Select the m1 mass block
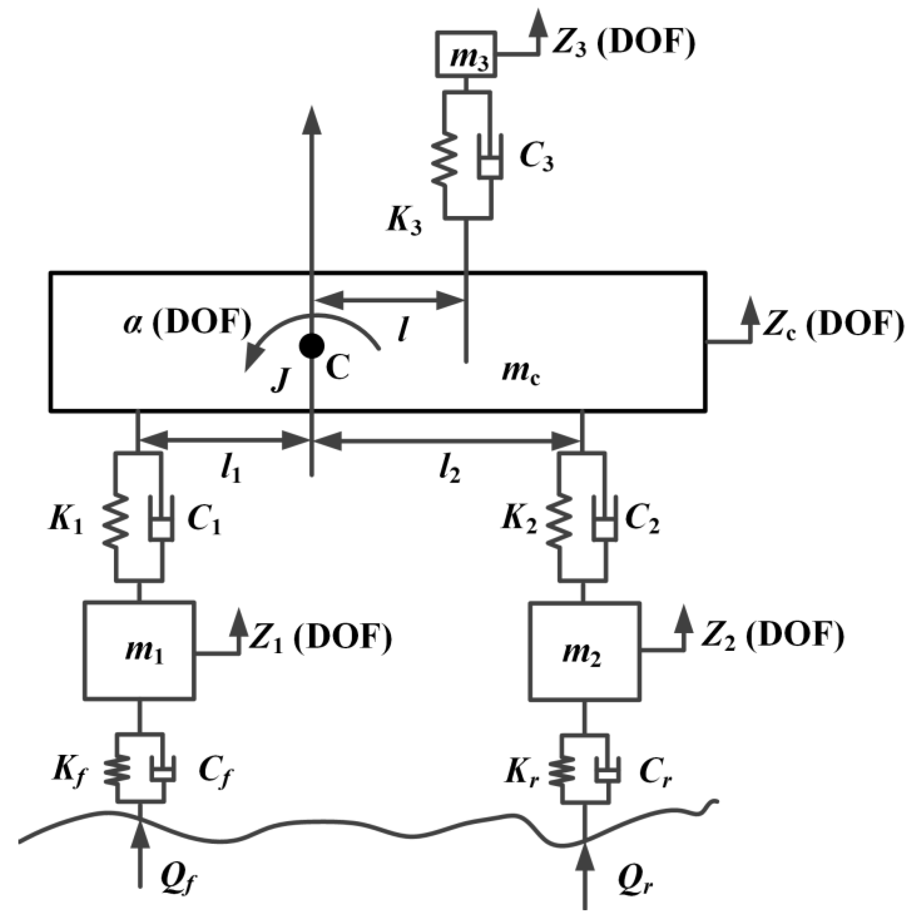click(x=139, y=650)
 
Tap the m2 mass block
click(x=584, y=650)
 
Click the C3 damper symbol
click(x=490, y=159)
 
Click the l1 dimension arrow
click(x=224, y=441)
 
